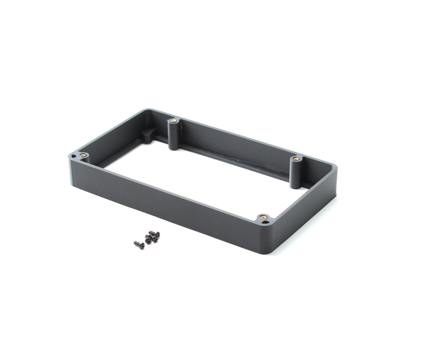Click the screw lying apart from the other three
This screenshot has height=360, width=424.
coord(139,245)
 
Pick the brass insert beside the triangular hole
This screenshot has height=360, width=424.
coord(262,217)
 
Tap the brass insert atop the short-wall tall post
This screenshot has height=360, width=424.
coord(296,159)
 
